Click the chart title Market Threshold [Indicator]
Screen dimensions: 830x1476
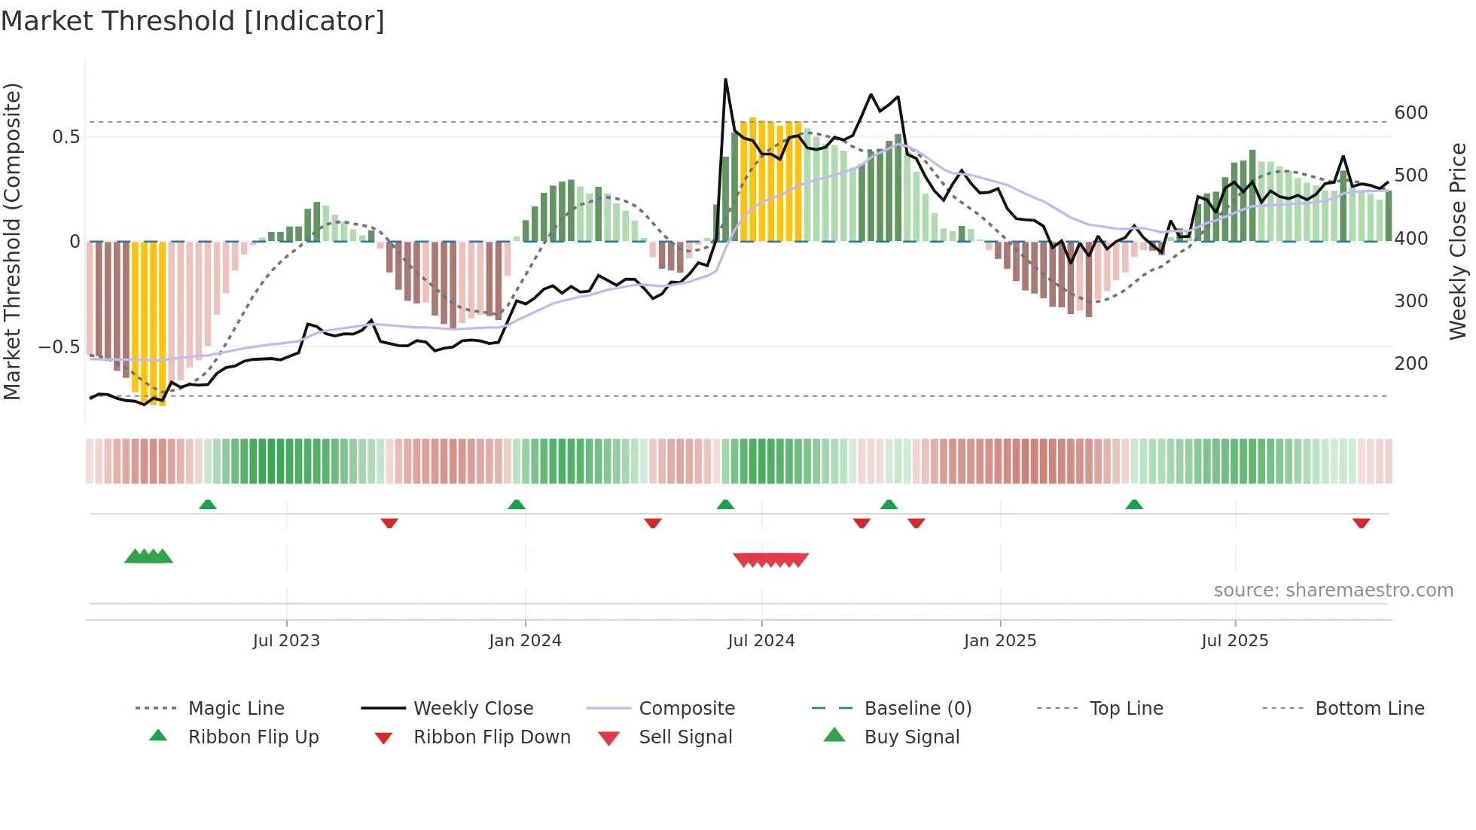click(193, 21)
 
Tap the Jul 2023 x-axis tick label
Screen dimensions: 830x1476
click(286, 641)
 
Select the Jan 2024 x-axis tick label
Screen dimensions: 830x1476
click(525, 641)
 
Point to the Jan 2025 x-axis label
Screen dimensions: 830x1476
click(1000, 641)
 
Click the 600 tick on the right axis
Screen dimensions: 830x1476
click(1410, 113)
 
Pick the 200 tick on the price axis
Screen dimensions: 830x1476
click(1410, 364)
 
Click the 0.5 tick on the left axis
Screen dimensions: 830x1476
click(66, 137)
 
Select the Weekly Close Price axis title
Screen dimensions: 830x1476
click(1458, 241)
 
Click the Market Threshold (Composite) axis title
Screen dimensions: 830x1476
click(12, 241)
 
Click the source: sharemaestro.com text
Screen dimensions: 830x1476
click(1333, 590)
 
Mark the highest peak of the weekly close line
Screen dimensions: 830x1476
click(725, 79)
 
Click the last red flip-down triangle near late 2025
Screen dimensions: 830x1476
click(1361, 523)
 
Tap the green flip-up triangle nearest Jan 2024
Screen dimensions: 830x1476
click(517, 505)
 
